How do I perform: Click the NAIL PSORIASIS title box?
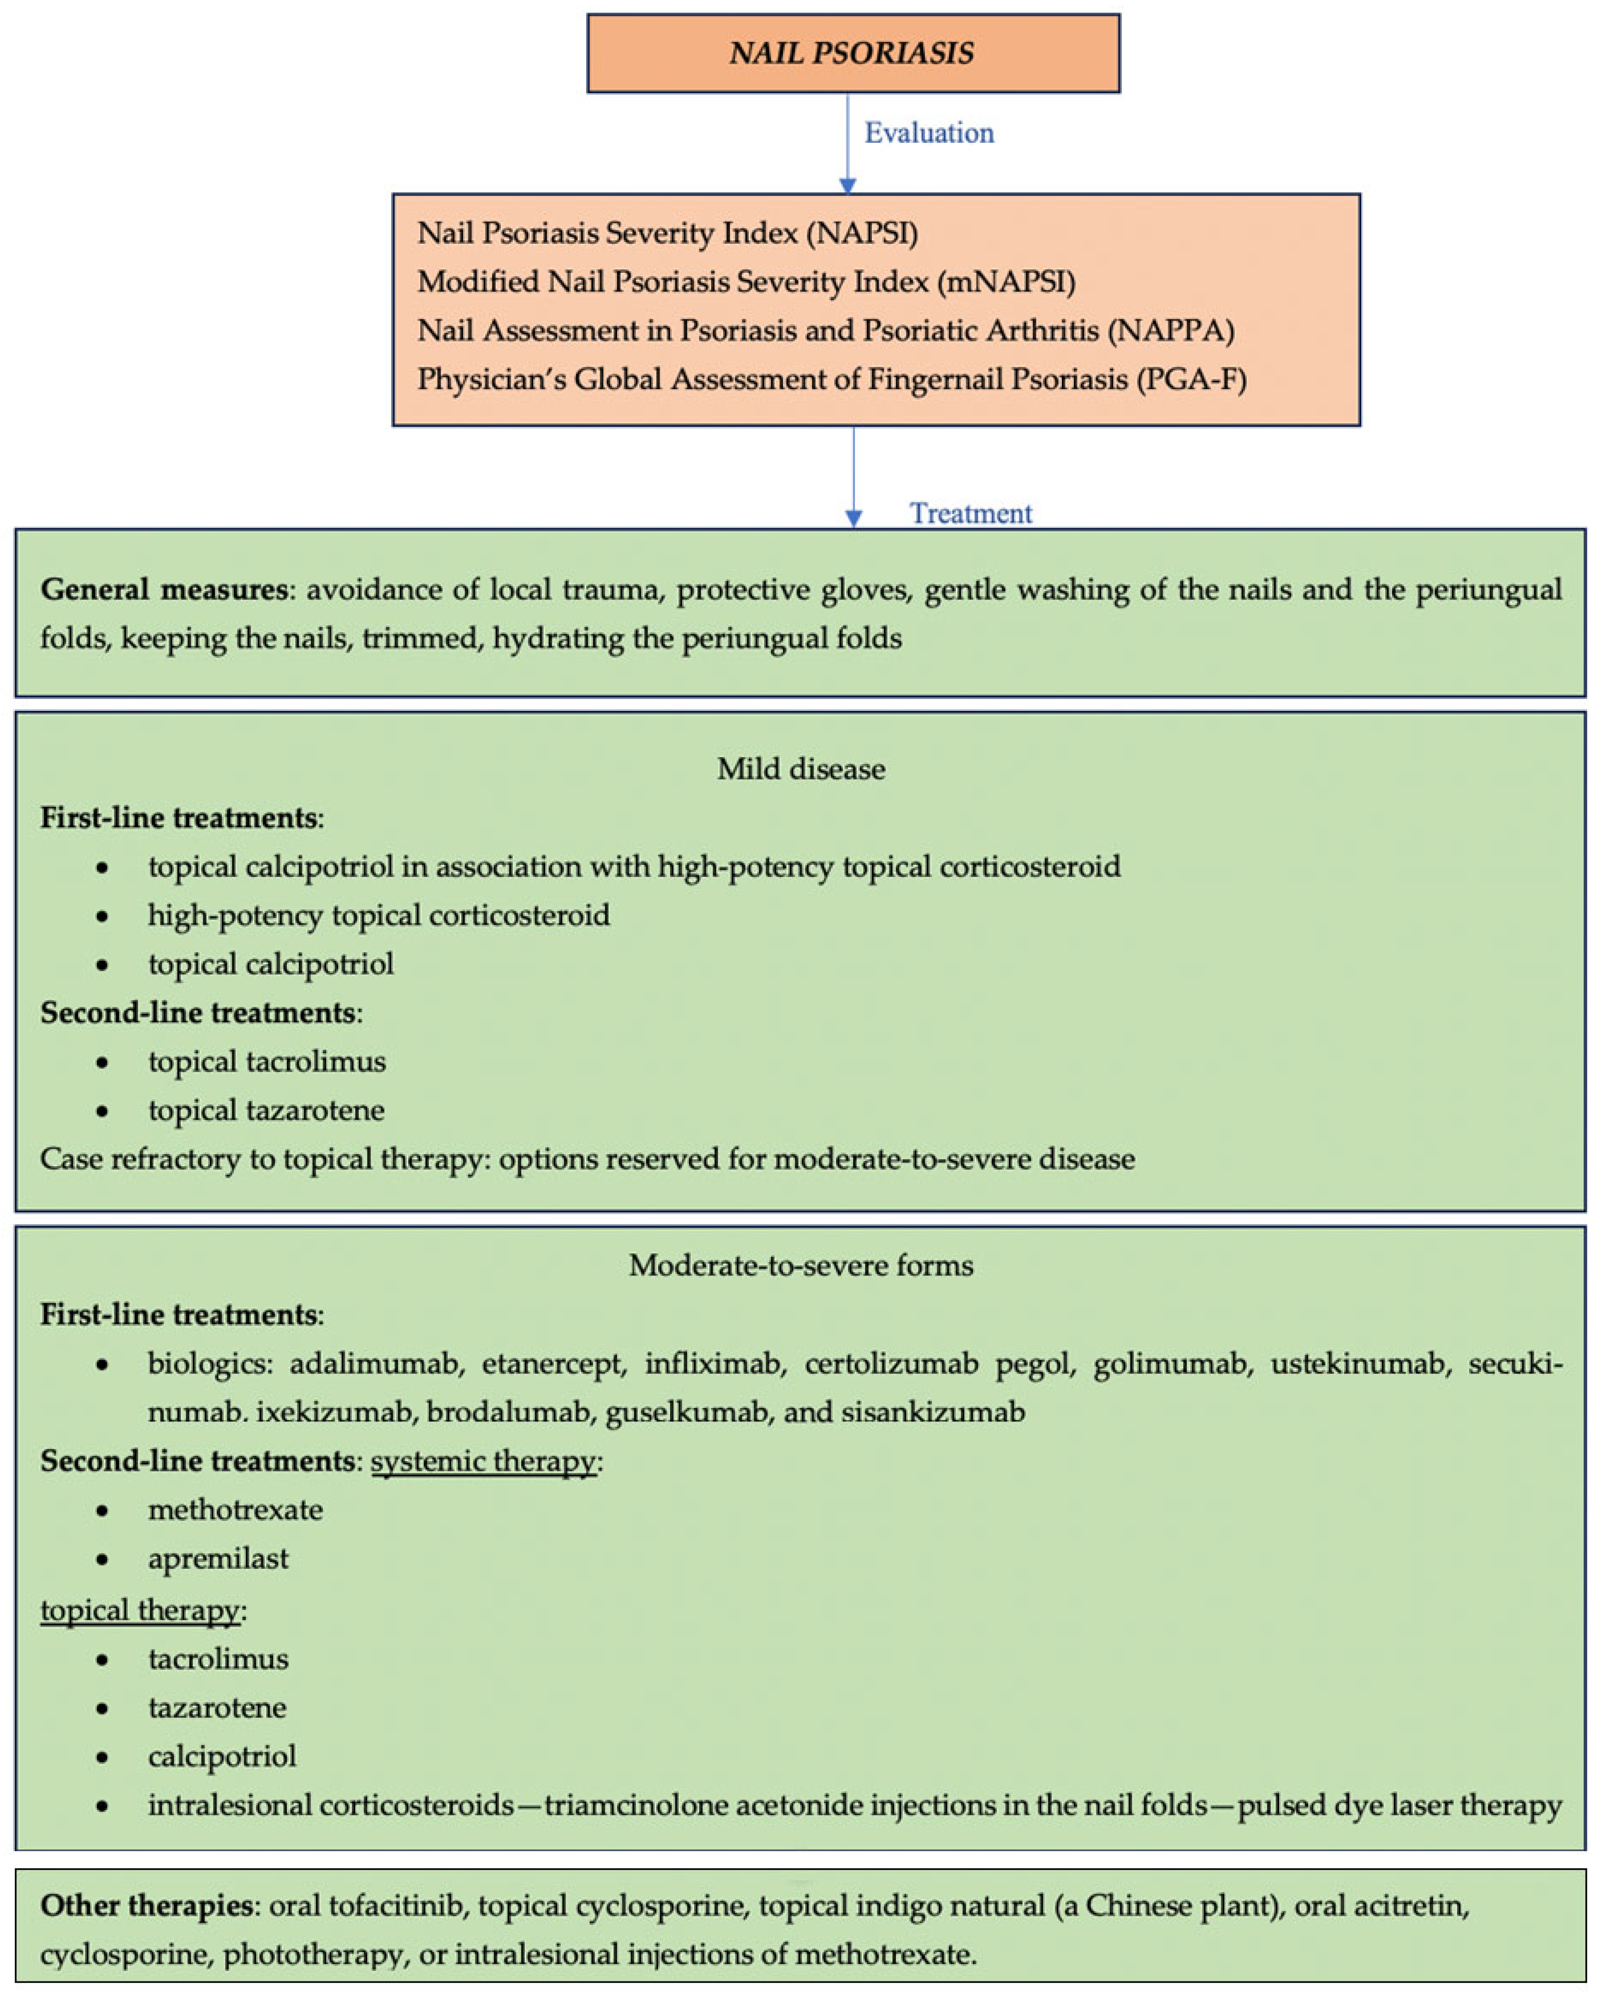click(852, 53)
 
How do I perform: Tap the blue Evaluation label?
click(928, 133)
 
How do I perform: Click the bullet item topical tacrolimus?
click(267, 1062)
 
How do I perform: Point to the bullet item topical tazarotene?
click(266, 1110)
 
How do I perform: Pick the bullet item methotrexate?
click(235, 1509)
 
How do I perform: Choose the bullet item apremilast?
click(218, 1558)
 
